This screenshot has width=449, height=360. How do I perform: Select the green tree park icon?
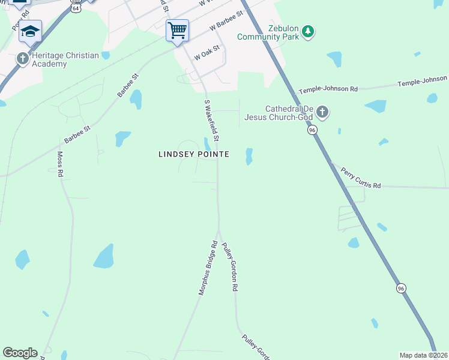pyautogui.click(x=308, y=31)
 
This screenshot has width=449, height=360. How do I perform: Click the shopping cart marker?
pyautogui.click(x=177, y=29)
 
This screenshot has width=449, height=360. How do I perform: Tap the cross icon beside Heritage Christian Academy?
pyautogui.click(x=23, y=59)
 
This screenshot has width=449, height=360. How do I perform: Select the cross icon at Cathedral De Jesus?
pyautogui.click(x=322, y=112)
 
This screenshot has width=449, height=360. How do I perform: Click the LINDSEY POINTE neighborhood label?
pyautogui.click(x=193, y=154)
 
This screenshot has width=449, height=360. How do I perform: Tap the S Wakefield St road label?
pyautogui.click(x=211, y=120)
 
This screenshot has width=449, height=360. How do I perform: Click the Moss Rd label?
pyautogui.click(x=60, y=164)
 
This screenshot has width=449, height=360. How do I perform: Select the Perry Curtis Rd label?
pyautogui.click(x=361, y=178)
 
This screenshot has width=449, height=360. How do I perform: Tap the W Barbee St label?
pyautogui.click(x=226, y=21)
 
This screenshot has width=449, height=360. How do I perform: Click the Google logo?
pyautogui.click(x=20, y=353)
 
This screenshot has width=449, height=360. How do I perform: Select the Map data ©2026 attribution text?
pyautogui.click(x=423, y=355)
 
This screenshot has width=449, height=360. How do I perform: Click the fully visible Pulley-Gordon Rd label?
pyautogui.click(x=227, y=267)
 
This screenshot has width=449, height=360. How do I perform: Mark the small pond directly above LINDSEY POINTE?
pyautogui.click(x=207, y=144)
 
